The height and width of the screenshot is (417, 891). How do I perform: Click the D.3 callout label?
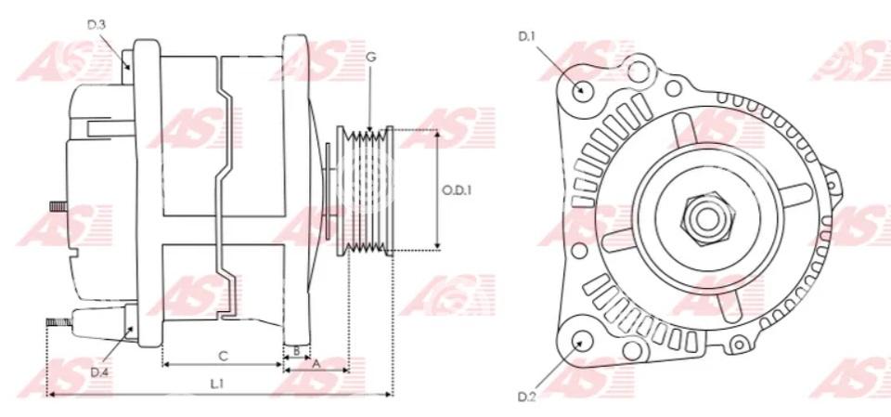(x=96, y=24)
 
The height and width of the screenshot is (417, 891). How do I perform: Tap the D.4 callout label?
(x=99, y=372)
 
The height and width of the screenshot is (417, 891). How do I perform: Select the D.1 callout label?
(x=527, y=36)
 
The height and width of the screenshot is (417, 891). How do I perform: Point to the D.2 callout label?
(x=527, y=397)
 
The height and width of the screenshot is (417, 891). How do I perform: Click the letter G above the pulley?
(x=371, y=57)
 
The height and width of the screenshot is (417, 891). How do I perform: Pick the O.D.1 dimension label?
(x=457, y=190)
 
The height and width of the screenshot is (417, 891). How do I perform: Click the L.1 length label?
(x=216, y=384)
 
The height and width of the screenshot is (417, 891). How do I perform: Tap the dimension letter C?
(x=224, y=356)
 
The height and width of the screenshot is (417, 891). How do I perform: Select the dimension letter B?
(x=296, y=352)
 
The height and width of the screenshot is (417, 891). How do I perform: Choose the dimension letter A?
(x=316, y=364)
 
